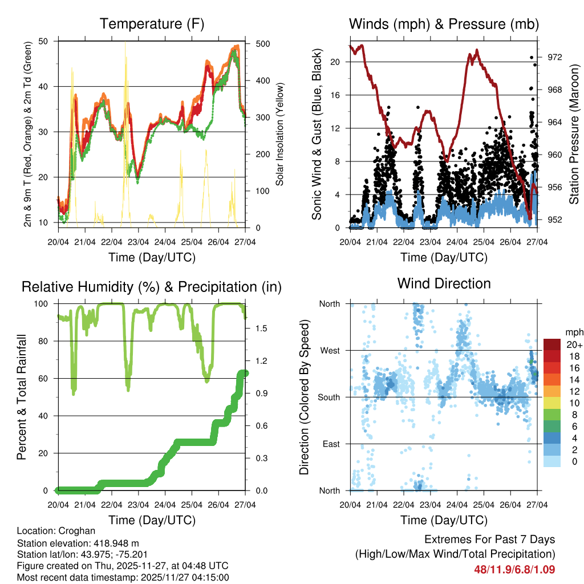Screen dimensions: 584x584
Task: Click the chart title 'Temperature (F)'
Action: pos(152,24)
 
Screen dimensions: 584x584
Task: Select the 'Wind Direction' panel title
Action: pos(444,283)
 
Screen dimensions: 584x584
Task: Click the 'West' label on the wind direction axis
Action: pos(330,350)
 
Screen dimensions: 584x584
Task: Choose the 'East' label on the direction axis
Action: pos(331,444)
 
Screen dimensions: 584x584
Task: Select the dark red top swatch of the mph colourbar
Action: pos(552,344)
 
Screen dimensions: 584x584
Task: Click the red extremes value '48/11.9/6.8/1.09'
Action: pos(514,569)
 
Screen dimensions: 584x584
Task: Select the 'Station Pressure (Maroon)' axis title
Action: pos(574,133)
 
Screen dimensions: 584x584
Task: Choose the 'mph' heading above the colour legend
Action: pos(574,332)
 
